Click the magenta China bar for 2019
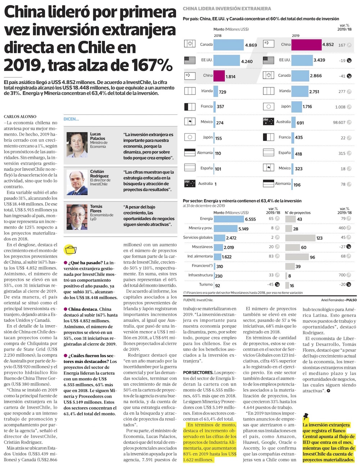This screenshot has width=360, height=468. click(306, 45)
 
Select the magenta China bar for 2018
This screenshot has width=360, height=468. click(219, 76)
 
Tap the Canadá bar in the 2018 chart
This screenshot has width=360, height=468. click(229, 45)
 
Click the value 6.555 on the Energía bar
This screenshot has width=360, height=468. click(250, 219)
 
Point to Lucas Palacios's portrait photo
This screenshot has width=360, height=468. click(77, 145)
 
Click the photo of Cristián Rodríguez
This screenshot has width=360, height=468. click(77, 182)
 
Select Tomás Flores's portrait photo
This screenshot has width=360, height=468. click(77, 217)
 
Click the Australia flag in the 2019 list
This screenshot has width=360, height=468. click(269, 122)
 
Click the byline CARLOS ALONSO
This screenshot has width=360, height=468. click(20, 117)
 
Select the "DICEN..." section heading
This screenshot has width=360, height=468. click(71, 119)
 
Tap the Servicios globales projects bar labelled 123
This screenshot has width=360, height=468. click(300, 237)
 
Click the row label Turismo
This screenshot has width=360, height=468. click(206, 285)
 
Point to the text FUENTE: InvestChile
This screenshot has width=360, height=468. click(198, 300)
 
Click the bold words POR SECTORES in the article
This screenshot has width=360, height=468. click(198, 372)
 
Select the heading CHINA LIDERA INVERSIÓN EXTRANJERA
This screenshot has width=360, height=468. click(227, 9)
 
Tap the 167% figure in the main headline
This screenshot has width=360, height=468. click(151, 65)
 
